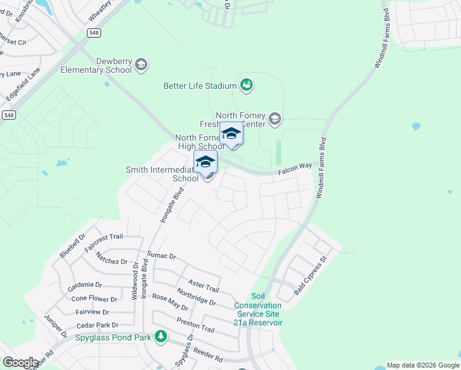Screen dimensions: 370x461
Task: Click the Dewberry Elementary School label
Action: (x=96, y=65)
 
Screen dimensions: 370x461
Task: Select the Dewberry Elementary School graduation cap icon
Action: (x=141, y=65)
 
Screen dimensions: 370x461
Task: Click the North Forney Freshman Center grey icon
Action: (x=275, y=119)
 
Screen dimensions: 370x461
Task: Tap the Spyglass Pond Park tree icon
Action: (x=161, y=337)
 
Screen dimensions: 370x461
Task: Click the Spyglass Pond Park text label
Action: (x=113, y=337)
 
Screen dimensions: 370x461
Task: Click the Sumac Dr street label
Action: (x=161, y=255)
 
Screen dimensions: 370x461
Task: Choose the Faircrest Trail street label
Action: (x=104, y=241)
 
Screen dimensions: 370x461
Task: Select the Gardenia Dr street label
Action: (x=86, y=285)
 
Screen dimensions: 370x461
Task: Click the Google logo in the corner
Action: (x=20, y=363)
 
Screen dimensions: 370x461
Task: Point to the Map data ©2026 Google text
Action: (x=422, y=365)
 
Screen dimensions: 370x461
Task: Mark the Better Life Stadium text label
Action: (x=200, y=86)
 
